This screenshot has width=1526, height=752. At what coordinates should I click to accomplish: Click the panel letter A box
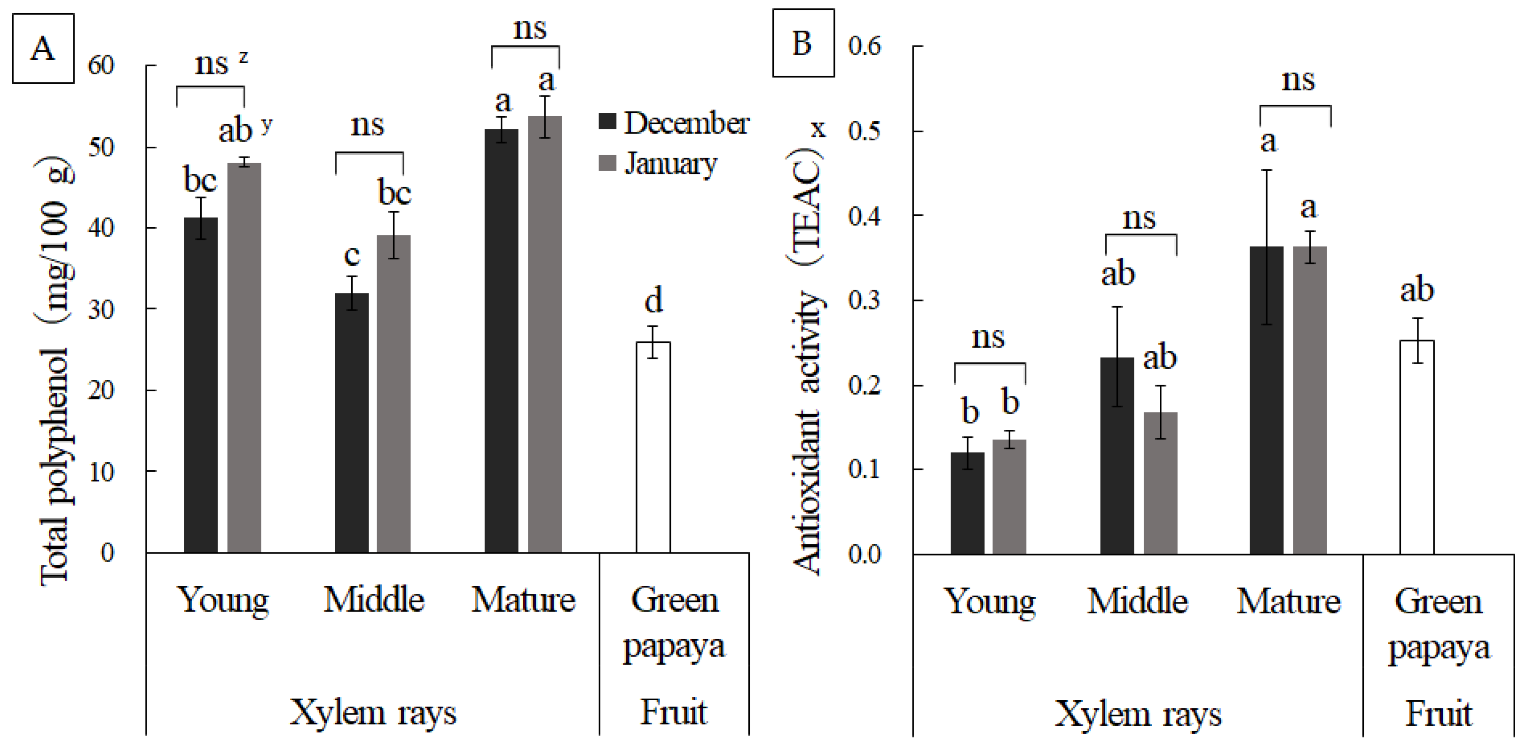(x=43, y=48)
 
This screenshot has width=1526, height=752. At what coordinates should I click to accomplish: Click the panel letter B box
(x=803, y=43)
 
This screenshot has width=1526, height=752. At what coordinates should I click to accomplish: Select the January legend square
(x=607, y=162)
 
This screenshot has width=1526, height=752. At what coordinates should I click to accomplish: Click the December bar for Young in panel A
(x=201, y=385)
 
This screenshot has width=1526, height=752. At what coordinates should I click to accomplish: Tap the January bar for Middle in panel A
(x=394, y=394)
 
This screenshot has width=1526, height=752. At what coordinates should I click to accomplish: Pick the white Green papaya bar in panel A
(x=653, y=447)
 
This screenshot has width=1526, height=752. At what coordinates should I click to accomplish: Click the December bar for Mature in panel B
(x=1266, y=400)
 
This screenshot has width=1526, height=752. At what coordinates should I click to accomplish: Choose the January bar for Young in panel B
(x=1009, y=497)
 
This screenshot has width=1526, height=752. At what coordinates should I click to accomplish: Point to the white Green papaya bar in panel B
(x=1417, y=447)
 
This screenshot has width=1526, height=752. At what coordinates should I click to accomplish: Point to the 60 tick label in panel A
(x=101, y=65)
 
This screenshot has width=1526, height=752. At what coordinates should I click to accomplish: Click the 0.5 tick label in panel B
(x=864, y=131)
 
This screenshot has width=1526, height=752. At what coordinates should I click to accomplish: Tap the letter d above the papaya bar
(x=653, y=301)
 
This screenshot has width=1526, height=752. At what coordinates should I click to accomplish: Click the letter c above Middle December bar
(x=352, y=255)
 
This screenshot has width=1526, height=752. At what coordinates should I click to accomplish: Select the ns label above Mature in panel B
(x=1298, y=80)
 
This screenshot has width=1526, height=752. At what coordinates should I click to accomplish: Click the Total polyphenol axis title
(x=56, y=371)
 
